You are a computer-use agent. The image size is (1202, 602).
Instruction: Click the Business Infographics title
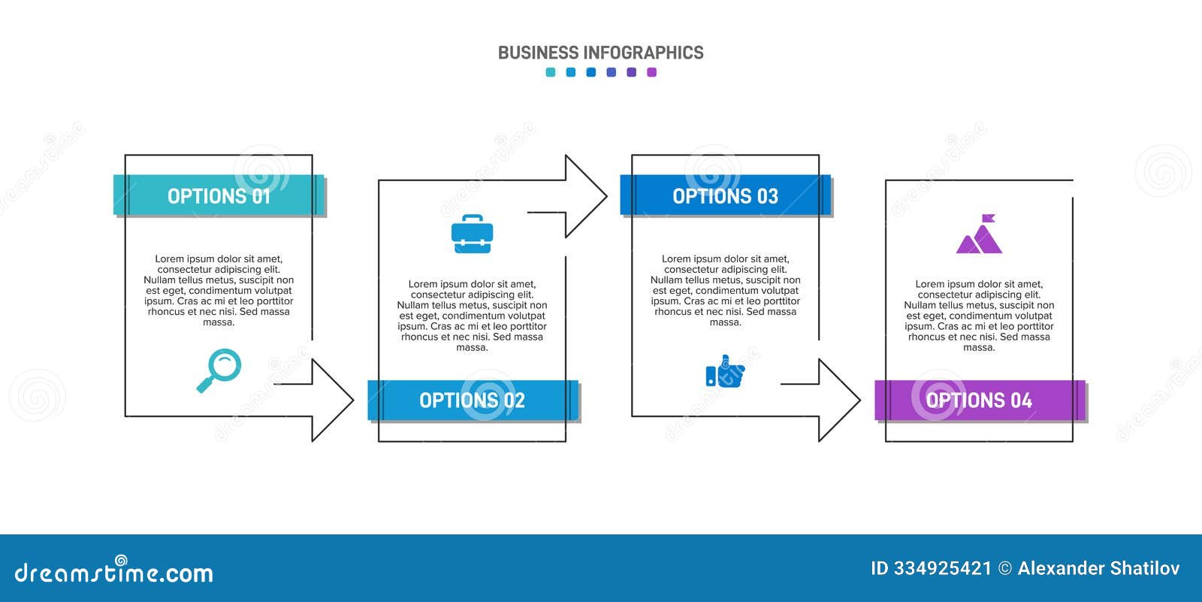tap(600, 53)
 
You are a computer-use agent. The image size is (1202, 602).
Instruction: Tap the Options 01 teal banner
tap(219, 195)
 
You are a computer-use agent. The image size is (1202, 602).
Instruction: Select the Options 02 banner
tap(473, 400)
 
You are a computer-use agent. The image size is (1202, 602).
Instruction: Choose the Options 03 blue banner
tap(726, 195)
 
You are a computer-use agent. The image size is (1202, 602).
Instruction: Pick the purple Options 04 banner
tap(980, 400)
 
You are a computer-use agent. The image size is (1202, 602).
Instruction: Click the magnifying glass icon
tap(219, 371)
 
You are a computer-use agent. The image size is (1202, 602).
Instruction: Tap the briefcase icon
tap(473, 234)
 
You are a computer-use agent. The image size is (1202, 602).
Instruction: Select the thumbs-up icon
tap(725, 371)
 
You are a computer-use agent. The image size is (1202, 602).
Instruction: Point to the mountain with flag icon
tap(980, 234)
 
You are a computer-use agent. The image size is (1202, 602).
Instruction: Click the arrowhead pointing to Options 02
tap(333, 400)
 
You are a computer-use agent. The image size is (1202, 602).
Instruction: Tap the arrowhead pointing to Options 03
tap(586, 196)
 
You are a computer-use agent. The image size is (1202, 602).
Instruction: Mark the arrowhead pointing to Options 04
tap(839, 400)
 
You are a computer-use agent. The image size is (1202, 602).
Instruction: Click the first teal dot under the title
tap(551, 72)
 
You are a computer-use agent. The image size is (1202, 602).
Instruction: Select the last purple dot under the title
tap(651, 72)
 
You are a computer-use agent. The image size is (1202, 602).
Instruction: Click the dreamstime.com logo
tap(113, 570)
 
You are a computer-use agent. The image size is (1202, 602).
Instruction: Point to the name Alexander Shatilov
tap(1098, 568)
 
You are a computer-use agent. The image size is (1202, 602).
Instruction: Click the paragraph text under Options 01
tap(219, 290)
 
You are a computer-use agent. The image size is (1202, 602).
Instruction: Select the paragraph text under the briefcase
tap(473, 315)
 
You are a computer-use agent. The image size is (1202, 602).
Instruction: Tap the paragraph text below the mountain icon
tap(980, 315)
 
